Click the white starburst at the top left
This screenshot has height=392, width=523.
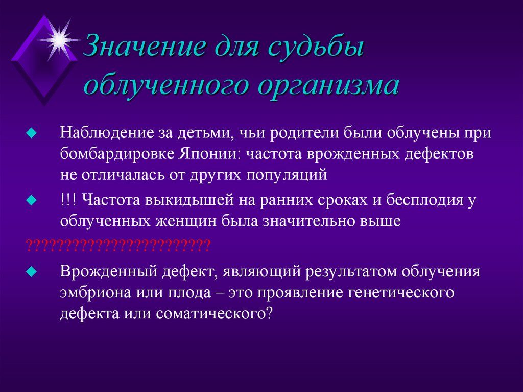coord(60,38)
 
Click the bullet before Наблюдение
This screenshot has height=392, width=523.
coord(32,133)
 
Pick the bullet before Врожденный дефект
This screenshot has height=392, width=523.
coord(32,271)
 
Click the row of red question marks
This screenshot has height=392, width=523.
coord(118,244)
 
